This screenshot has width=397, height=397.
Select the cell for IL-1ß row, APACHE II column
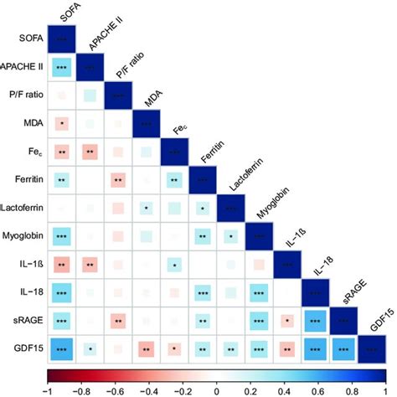tap(90, 266)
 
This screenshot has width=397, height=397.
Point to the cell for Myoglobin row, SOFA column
tap(62, 237)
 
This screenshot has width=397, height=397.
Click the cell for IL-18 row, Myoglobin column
tap(260, 293)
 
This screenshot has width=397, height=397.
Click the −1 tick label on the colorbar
tap(49, 389)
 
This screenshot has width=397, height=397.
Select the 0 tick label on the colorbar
tap(217, 389)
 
